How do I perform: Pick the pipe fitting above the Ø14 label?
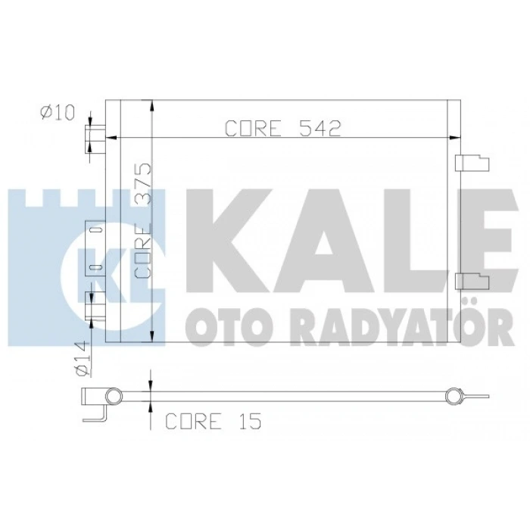94,306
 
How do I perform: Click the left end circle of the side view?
113,396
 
